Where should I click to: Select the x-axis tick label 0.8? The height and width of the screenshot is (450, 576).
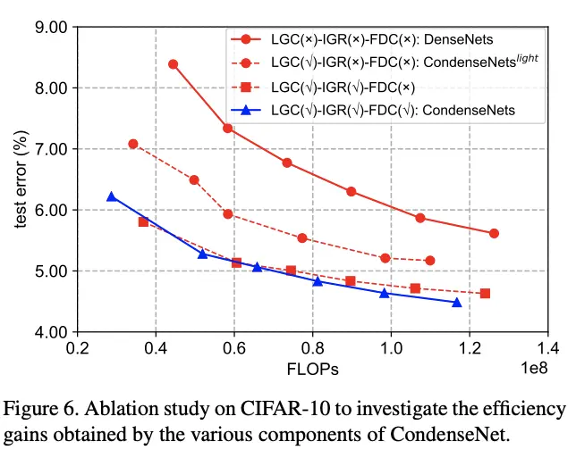click(311, 348)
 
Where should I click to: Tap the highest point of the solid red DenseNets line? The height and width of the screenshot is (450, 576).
click(173, 64)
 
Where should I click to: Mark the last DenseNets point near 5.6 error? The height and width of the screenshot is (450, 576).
click(494, 233)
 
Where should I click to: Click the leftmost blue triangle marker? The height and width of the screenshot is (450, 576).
click(112, 196)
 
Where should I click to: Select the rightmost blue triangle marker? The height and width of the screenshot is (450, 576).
click(457, 303)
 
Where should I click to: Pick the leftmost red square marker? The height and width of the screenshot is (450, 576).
click(143, 221)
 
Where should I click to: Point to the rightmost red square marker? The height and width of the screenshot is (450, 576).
click(485, 293)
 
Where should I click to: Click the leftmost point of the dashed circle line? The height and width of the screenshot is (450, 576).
click(133, 144)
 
